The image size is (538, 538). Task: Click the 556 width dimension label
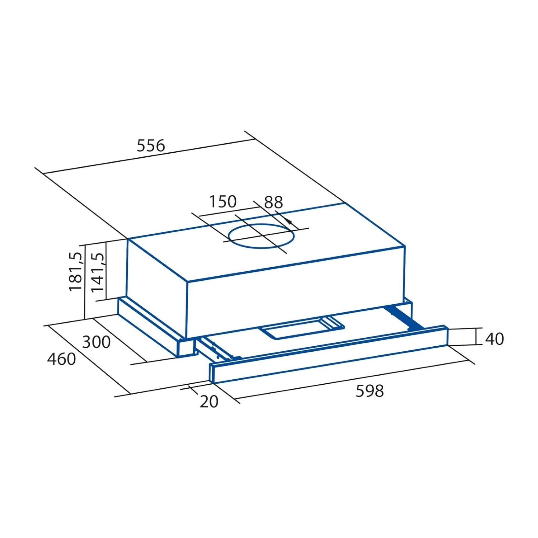click(151, 146)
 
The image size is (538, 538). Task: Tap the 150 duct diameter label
click(223, 201)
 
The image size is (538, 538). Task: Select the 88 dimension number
click(273, 202)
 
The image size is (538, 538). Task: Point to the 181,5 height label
click(75, 271)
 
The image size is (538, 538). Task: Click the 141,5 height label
click(98, 272)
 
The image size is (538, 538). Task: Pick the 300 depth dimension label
click(96, 342)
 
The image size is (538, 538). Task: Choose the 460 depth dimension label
click(61, 359)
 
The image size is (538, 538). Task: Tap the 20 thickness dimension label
click(209, 401)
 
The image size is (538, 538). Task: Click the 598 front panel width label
click(370, 391)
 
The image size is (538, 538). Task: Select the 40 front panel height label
click(494, 339)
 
